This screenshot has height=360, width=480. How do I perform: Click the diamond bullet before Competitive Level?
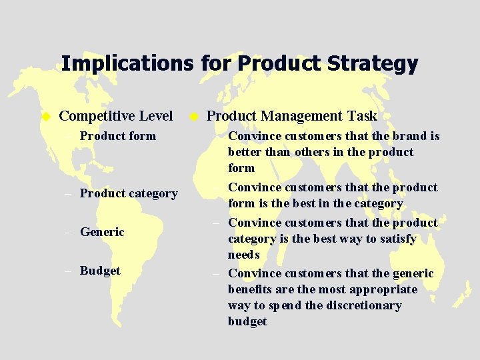click(46, 117)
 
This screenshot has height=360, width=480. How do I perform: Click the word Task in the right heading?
click(362, 116)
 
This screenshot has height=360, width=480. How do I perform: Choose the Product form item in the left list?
click(117, 136)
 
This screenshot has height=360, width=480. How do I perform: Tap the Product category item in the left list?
click(129, 194)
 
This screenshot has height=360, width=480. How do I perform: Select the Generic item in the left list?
click(102, 233)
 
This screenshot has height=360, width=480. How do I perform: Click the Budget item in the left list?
click(100, 271)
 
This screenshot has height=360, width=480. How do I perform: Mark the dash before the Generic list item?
click(70, 233)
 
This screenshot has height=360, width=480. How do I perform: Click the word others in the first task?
click(309, 152)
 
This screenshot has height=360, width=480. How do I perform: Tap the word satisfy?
click(397, 239)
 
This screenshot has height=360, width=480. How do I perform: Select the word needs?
click(244, 255)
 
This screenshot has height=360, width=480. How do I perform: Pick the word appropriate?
click(383, 289)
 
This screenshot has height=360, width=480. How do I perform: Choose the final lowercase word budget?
click(247, 321)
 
